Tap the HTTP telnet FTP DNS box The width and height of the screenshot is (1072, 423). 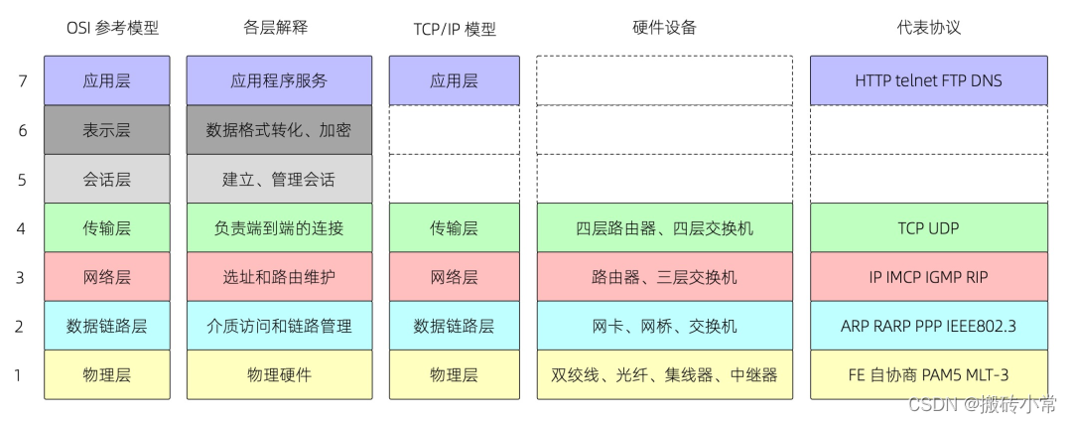(928, 81)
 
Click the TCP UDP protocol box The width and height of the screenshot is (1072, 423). (928, 228)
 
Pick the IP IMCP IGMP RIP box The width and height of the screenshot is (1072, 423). (928, 277)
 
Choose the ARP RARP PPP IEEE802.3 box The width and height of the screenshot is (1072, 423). (928, 326)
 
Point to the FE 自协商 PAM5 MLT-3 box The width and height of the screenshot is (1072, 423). (928, 375)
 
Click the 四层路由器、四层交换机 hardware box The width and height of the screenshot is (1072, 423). (664, 228)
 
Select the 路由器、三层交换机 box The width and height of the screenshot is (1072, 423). (664, 277)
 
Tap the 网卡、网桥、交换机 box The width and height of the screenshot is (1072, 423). (664, 326)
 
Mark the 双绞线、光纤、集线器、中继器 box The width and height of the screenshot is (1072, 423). (664, 375)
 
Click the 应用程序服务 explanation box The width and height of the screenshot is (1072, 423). (279, 81)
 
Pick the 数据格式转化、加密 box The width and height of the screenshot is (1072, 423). (279, 130)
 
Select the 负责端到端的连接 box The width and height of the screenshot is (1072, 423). (279, 228)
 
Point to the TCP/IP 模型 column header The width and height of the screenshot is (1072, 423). (454, 29)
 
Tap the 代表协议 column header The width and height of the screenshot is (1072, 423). (928, 28)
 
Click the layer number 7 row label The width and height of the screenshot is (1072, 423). (22, 81)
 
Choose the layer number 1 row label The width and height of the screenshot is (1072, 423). (22, 375)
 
